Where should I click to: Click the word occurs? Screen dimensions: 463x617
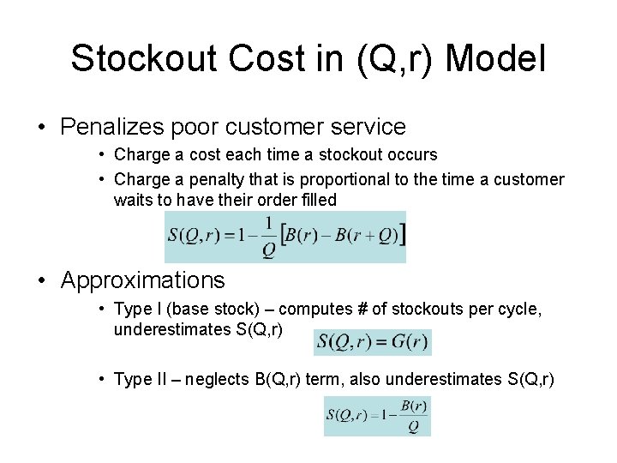click(x=407, y=155)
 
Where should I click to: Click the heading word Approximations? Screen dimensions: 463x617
click(x=143, y=280)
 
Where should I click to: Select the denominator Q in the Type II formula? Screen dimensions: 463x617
click(x=414, y=426)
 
